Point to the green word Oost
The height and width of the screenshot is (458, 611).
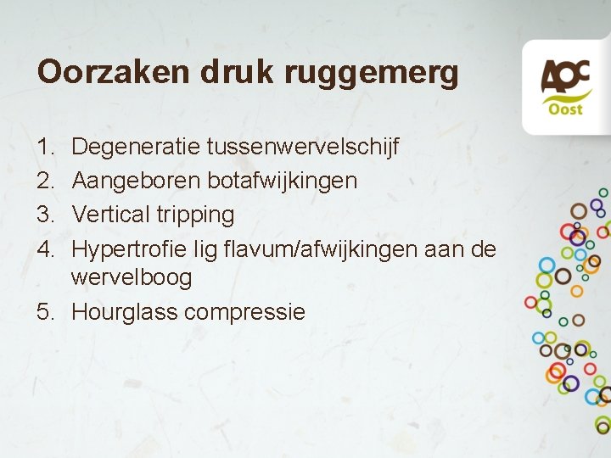[563, 109]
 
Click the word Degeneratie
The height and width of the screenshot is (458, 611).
[136, 148]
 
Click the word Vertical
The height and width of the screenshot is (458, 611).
[111, 214]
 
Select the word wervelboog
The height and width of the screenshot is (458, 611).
[132, 278]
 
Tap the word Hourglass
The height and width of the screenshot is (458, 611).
[125, 312]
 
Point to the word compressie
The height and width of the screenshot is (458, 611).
[244, 313]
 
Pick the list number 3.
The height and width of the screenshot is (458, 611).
[44, 214]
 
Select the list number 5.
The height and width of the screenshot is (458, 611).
[45, 311]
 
